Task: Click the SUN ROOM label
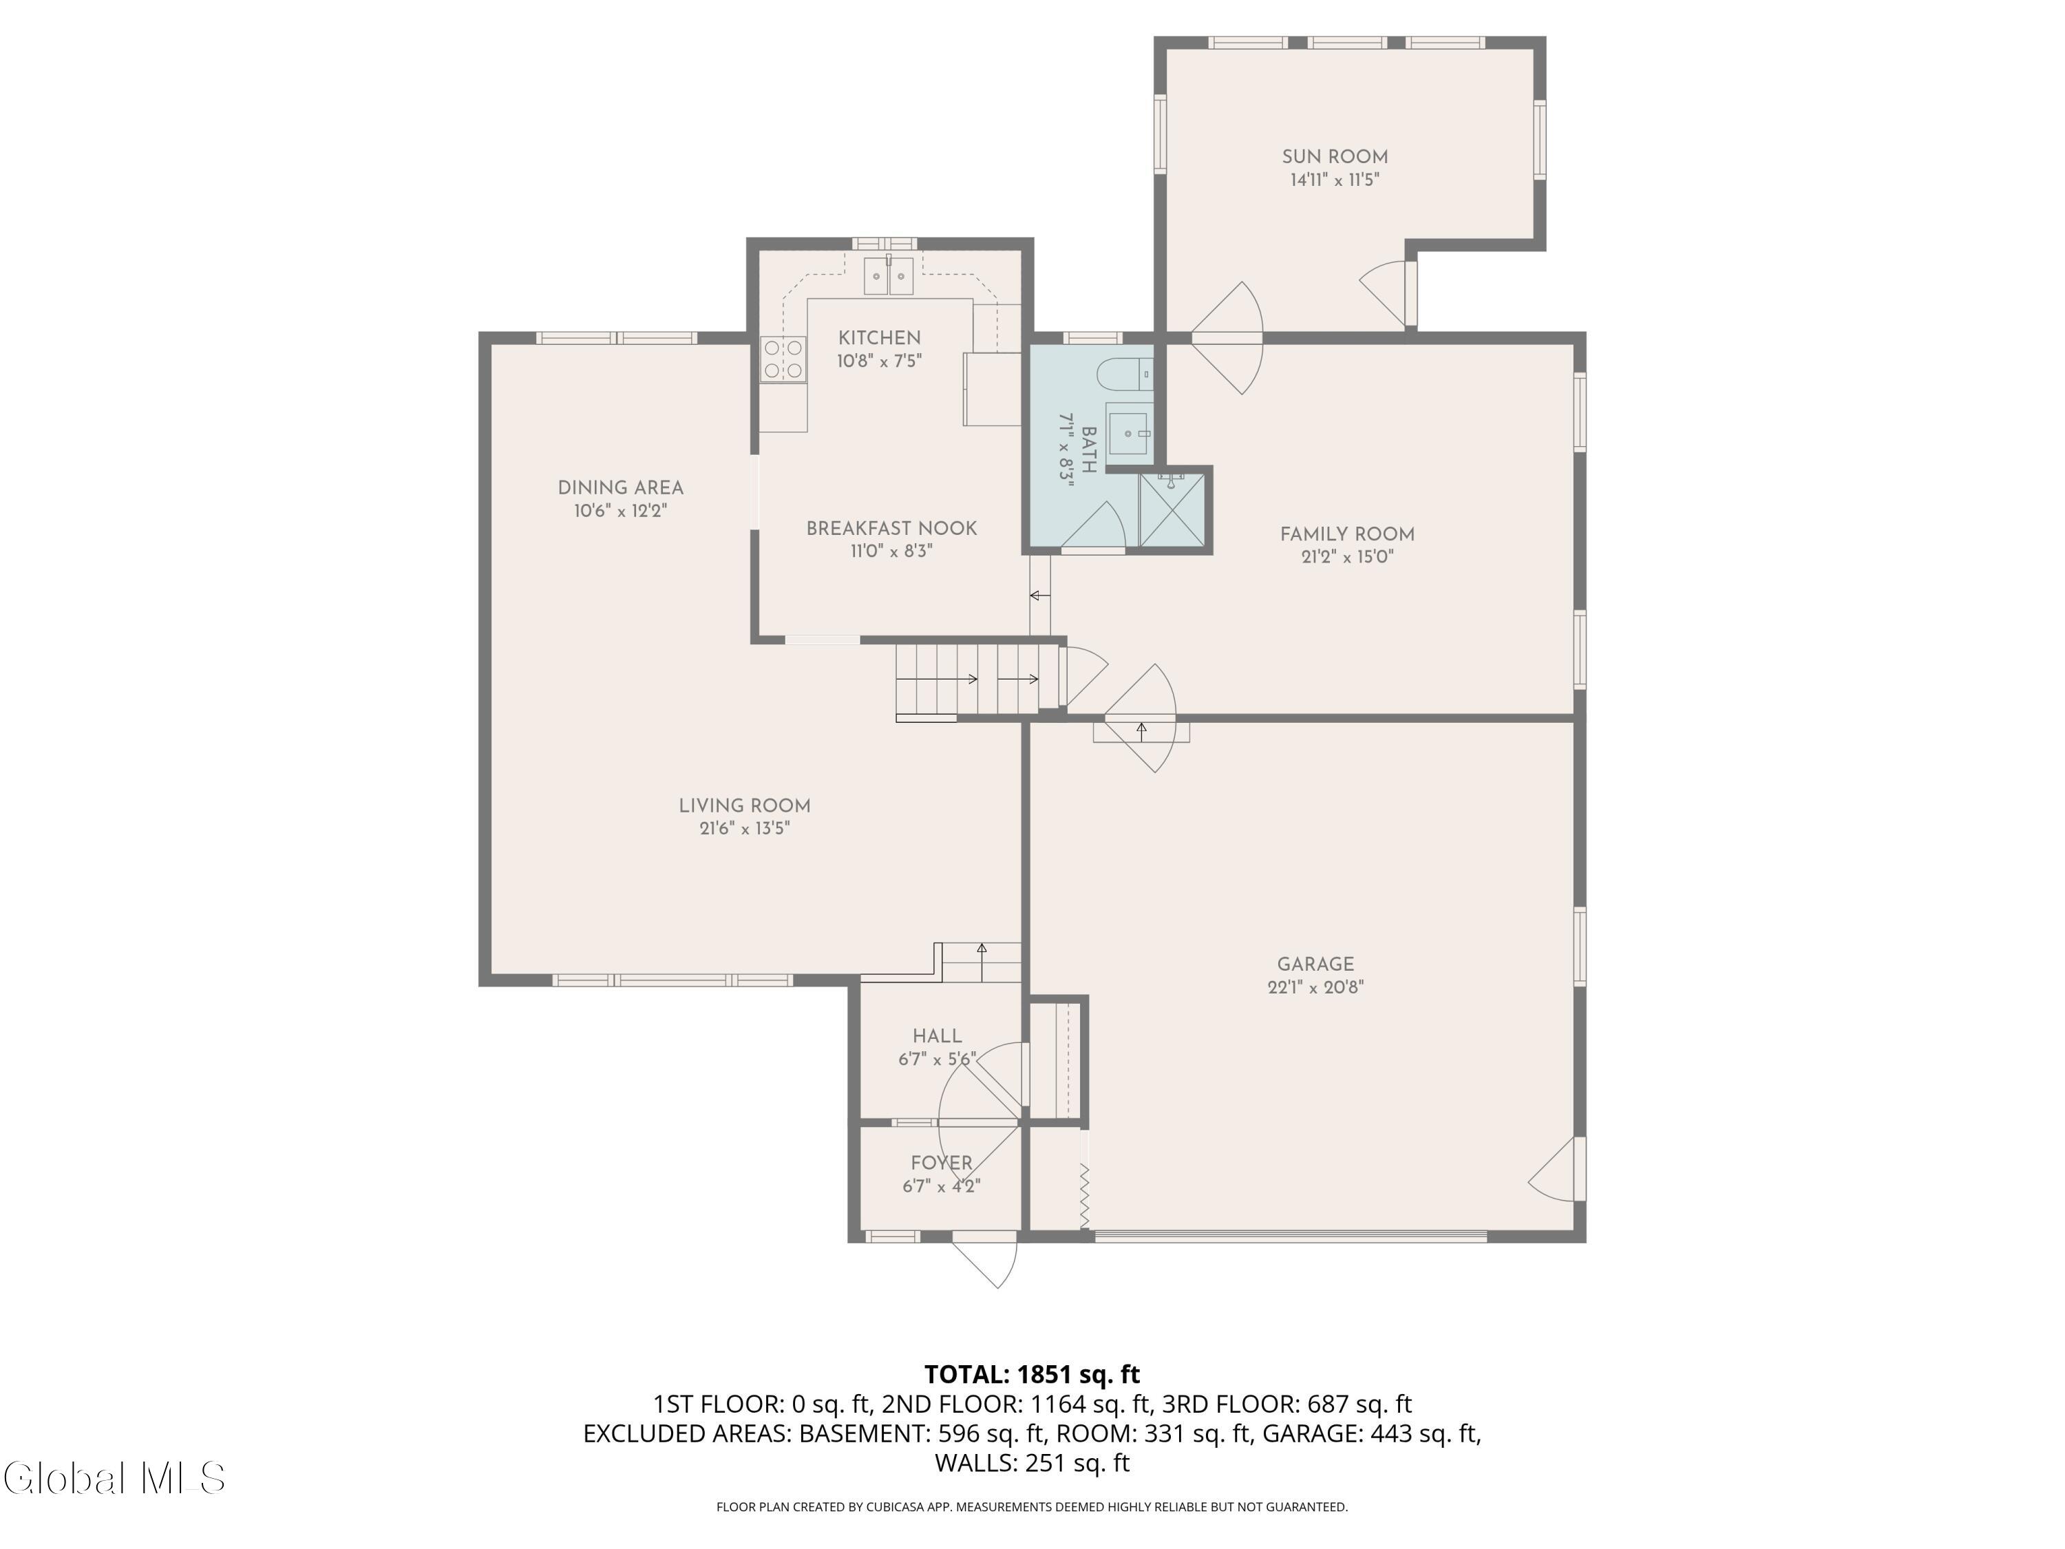pyautogui.click(x=1334, y=157)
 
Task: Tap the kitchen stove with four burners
pyautogui.click(x=783, y=359)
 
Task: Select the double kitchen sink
pyautogui.click(x=888, y=275)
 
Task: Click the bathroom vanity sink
pyautogui.click(x=1130, y=433)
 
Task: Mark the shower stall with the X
pyautogui.click(x=1172, y=510)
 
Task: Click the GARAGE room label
pyautogui.click(x=1315, y=964)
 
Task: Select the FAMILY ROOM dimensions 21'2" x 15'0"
pyautogui.click(x=1347, y=558)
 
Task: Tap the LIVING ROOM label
pyautogui.click(x=744, y=805)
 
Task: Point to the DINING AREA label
pyautogui.click(x=621, y=487)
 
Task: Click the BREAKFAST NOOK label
pyautogui.click(x=891, y=529)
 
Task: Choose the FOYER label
pyautogui.click(x=942, y=1163)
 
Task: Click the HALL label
pyautogui.click(x=938, y=1036)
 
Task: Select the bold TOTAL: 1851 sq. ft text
pyautogui.click(x=1032, y=1374)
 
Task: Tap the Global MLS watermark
pyautogui.click(x=114, y=1478)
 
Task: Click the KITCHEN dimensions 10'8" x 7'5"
pyautogui.click(x=880, y=361)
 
